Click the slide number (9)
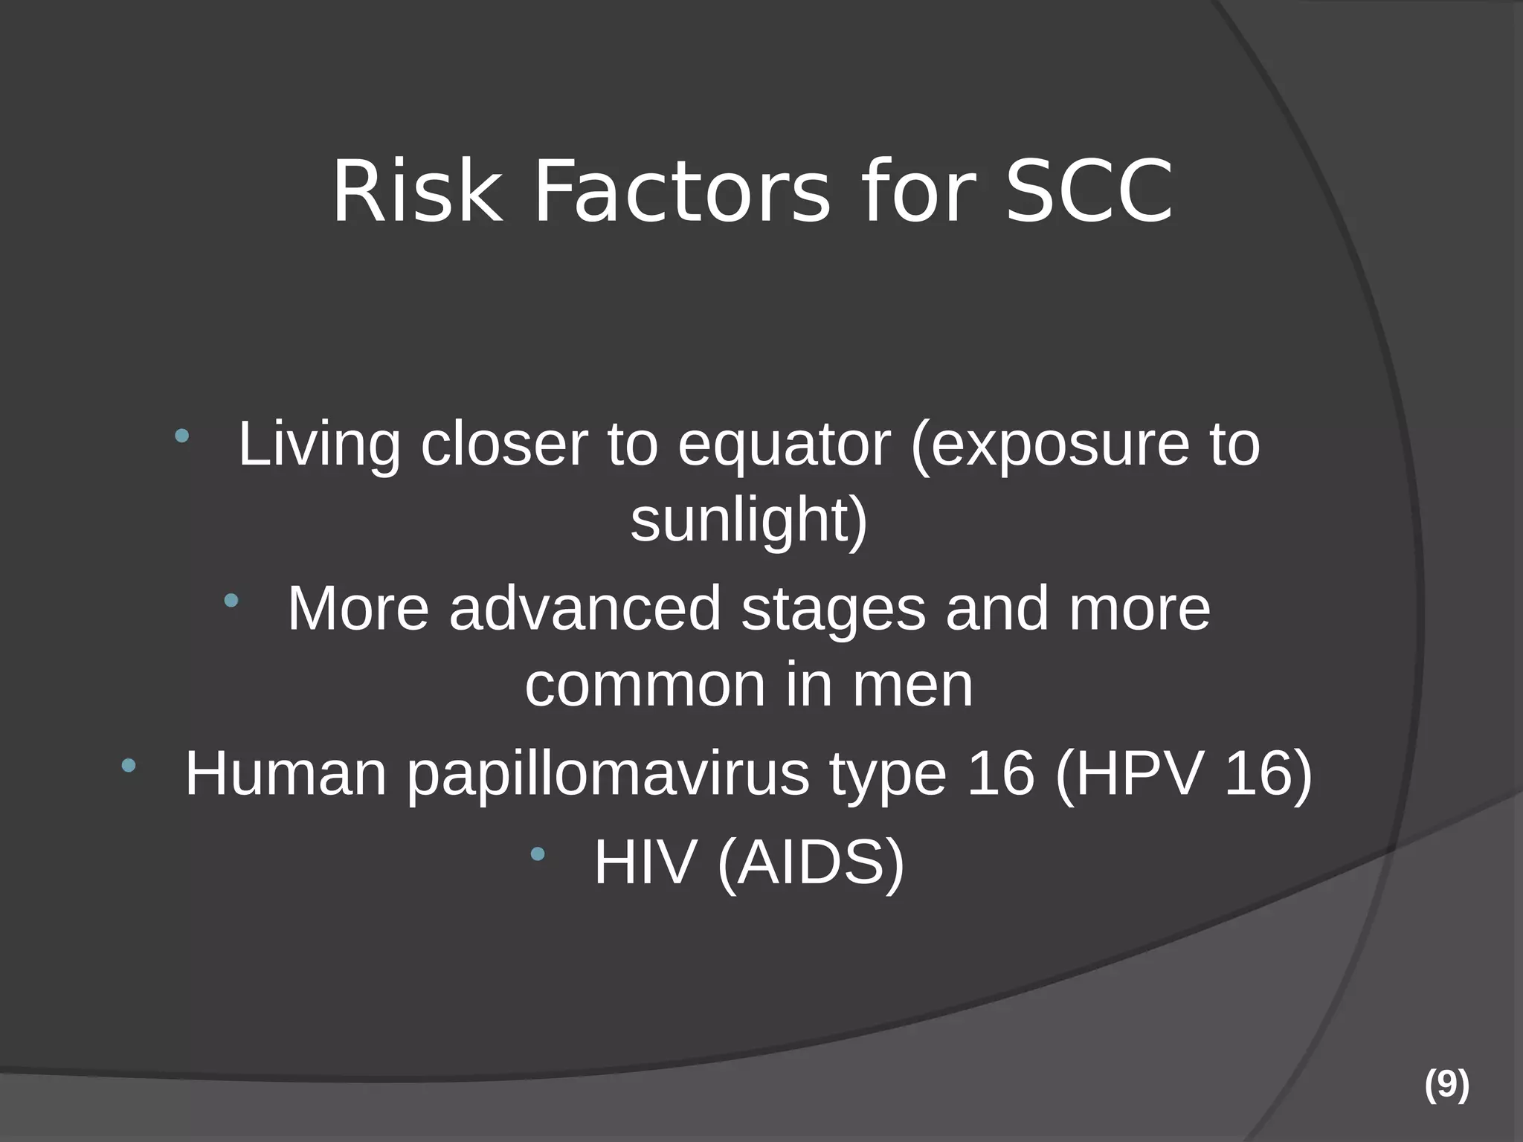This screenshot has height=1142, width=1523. (x=1446, y=1085)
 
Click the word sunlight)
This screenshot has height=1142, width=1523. (x=749, y=520)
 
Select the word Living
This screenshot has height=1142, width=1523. (x=319, y=445)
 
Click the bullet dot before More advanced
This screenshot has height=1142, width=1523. (x=231, y=600)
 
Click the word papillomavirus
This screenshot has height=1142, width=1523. (x=608, y=775)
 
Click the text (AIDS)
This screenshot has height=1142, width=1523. (x=811, y=864)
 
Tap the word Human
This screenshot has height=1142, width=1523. (x=286, y=775)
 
